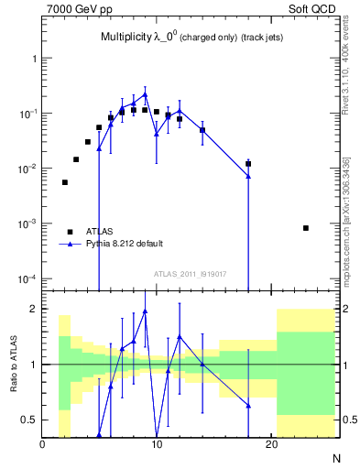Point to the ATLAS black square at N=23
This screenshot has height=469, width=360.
(x=306, y=228)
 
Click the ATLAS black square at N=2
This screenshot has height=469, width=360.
(x=65, y=182)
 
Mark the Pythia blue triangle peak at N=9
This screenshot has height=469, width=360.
(x=145, y=94)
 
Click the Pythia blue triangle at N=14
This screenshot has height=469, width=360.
(x=202, y=130)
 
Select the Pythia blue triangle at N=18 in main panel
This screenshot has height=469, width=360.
(x=248, y=176)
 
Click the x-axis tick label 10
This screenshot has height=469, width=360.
(x=157, y=445)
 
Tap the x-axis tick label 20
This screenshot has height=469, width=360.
(x=271, y=445)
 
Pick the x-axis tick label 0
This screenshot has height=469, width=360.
(x=42, y=445)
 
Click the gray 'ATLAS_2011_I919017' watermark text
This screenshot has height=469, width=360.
(x=191, y=274)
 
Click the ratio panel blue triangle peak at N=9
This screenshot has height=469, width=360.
(x=145, y=311)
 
